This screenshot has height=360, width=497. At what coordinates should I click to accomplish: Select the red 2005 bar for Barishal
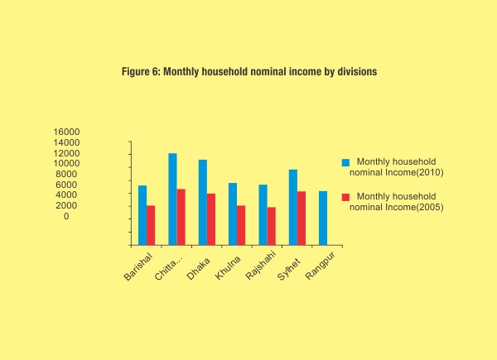151,225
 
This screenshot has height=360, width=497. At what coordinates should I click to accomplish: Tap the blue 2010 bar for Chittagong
172,199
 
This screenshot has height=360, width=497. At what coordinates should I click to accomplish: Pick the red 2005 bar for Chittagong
181,217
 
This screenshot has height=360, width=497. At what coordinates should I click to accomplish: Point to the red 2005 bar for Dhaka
210,219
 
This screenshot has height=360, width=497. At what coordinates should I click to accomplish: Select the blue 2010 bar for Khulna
233,214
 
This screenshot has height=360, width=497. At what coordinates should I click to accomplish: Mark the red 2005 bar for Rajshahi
271,226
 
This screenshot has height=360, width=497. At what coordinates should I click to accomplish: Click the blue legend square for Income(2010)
345,162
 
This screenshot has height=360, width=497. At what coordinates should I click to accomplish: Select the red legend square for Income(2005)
345,196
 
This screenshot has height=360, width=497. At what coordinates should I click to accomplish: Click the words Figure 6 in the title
140,72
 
